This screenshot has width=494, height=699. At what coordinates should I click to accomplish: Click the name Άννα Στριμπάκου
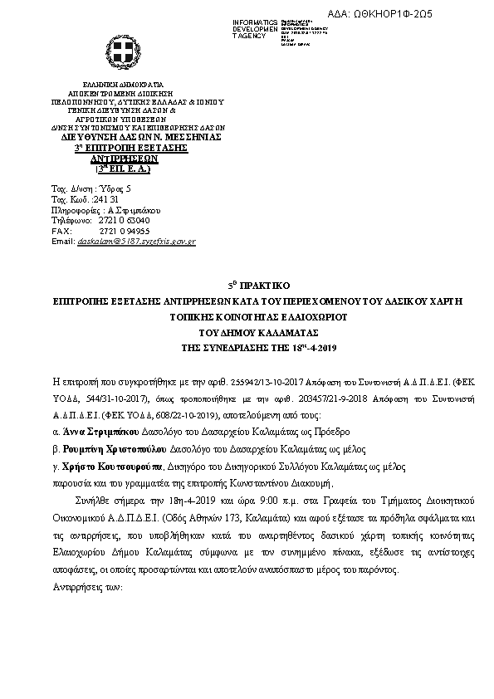point(95,432)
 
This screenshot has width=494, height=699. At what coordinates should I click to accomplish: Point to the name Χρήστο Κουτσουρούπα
point(111,467)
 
